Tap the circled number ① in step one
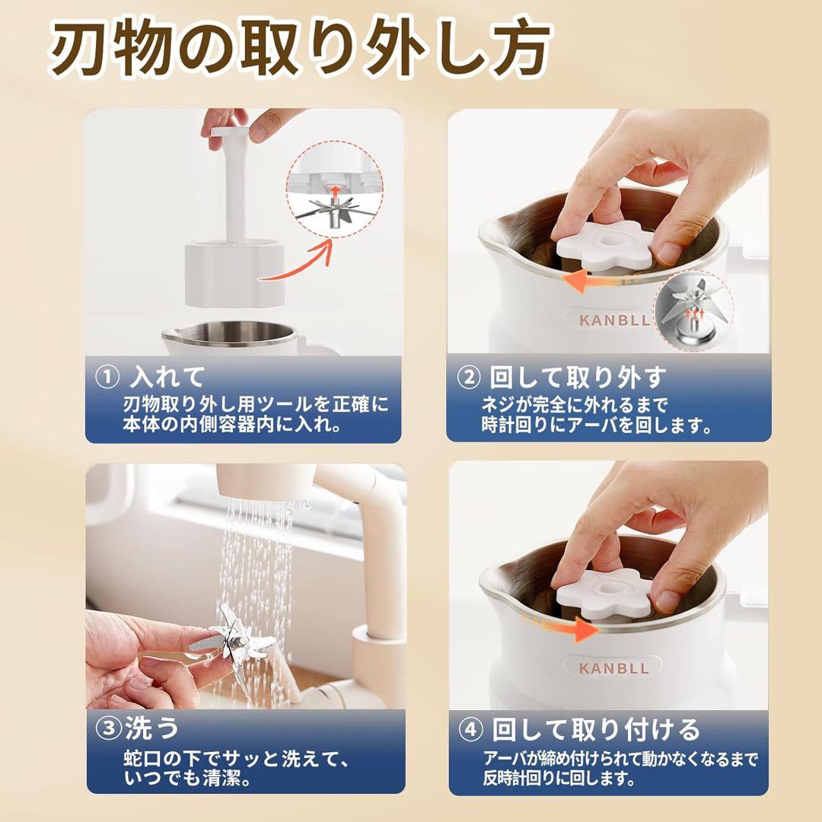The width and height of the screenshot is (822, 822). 107,377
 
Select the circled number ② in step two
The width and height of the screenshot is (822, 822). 468,377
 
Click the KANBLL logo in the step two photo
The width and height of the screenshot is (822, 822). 614,320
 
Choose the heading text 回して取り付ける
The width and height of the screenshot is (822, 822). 595,730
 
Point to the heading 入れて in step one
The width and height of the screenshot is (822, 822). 168,377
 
